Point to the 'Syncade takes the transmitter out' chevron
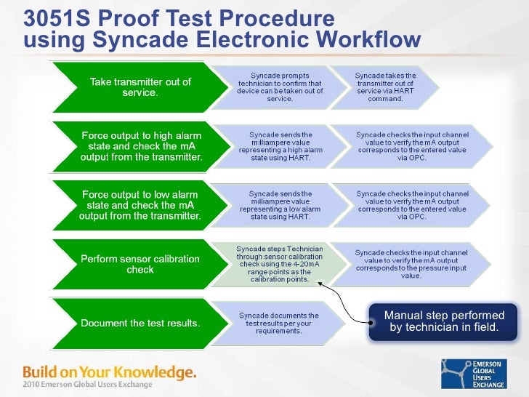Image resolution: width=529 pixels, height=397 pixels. click(385, 87)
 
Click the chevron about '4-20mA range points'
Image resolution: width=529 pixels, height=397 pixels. click(280, 263)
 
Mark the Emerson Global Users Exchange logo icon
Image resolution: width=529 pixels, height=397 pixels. click(456, 372)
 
